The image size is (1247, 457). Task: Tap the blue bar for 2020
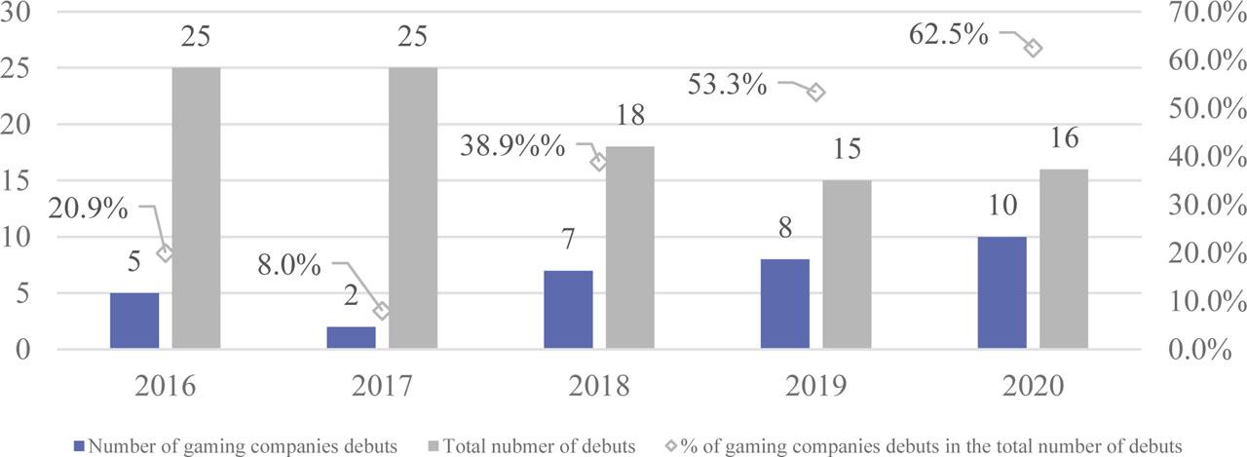point(1002,291)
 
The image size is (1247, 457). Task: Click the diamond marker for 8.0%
point(382,311)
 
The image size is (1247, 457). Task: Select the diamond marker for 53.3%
point(816,92)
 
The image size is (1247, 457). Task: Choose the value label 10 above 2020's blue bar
point(1001,208)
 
